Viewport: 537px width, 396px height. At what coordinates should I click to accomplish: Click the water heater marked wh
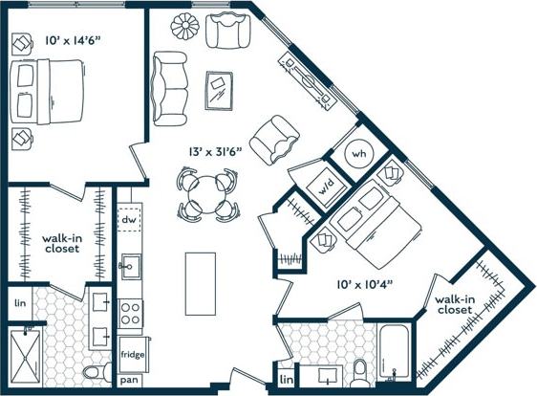point(358,154)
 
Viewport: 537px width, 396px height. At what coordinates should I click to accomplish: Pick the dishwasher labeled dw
point(129,221)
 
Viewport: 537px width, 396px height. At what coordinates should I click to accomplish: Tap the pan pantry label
point(129,381)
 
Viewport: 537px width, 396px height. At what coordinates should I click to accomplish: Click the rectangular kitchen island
point(199,283)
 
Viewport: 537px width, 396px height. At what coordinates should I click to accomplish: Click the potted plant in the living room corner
point(183,26)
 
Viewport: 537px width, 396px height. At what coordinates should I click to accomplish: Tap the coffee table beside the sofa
point(221,90)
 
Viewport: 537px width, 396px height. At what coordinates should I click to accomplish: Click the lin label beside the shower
point(20,304)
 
